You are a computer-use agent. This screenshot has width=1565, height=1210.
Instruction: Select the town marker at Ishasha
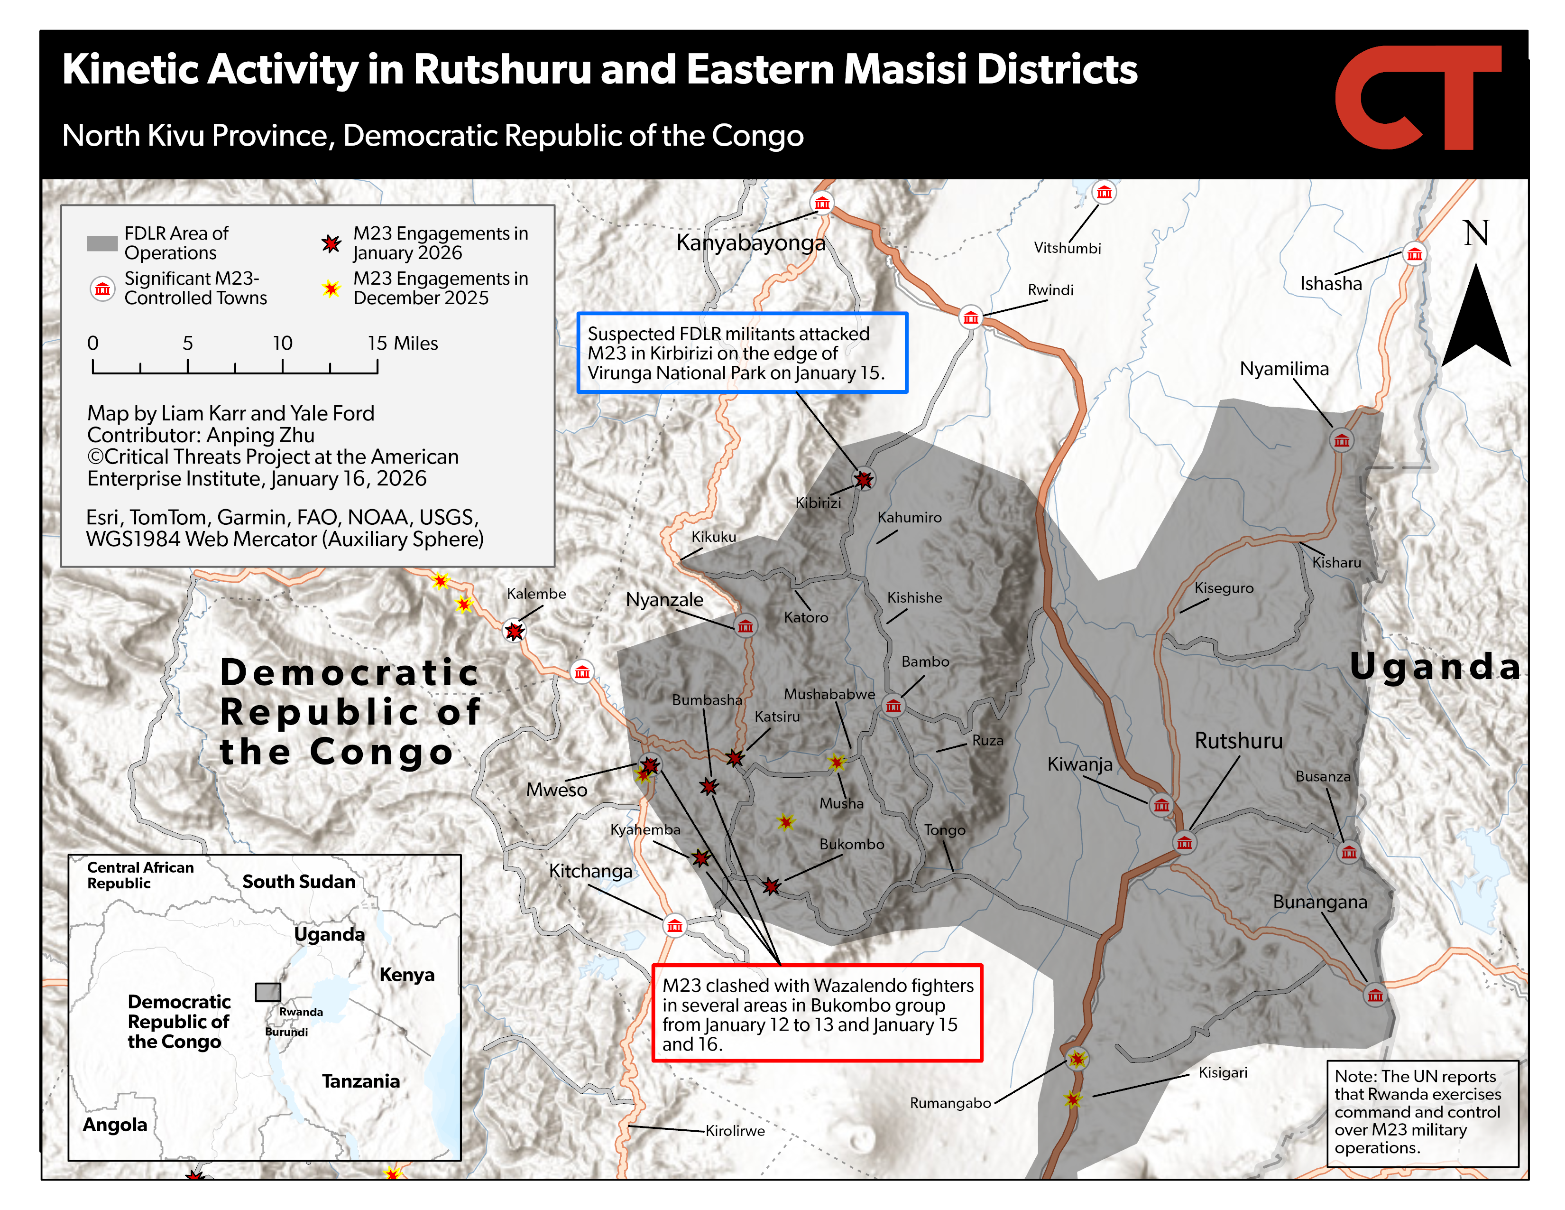tap(1414, 254)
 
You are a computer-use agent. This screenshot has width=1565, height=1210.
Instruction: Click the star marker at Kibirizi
tap(864, 479)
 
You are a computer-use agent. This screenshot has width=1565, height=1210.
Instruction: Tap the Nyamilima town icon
tap(1342, 440)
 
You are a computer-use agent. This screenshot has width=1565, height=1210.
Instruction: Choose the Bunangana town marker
tap(1374, 995)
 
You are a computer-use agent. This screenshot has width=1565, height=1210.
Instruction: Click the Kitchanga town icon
tap(674, 926)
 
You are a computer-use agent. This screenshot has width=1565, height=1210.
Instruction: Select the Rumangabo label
tap(950, 1102)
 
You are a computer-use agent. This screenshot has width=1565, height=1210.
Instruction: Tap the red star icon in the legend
tap(331, 244)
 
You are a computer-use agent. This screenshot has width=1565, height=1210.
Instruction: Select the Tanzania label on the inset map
tap(360, 1081)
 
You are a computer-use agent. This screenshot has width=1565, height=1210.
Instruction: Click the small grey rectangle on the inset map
tap(268, 992)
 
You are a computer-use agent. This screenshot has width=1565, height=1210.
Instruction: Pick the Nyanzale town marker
tap(745, 626)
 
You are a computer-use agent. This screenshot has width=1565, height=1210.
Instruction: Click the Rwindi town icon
tap(971, 317)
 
